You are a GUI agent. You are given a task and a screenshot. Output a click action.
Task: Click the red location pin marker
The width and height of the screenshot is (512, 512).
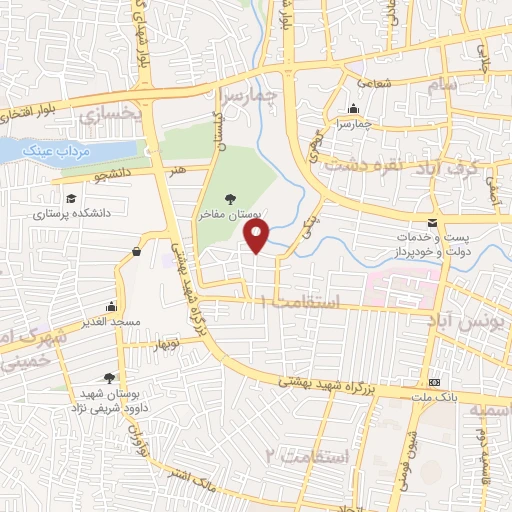pyautogui.click(x=257, y=236)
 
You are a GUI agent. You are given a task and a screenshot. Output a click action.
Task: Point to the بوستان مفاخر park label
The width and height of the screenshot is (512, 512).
pyautogui.click(x=229, y=214)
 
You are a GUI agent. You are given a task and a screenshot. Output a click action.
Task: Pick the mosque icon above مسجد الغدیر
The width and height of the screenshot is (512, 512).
pyautogui.click(x=110, y=305)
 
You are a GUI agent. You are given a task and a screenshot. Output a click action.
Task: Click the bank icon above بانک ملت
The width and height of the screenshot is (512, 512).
pyautogui.click(x=434, y=383)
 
